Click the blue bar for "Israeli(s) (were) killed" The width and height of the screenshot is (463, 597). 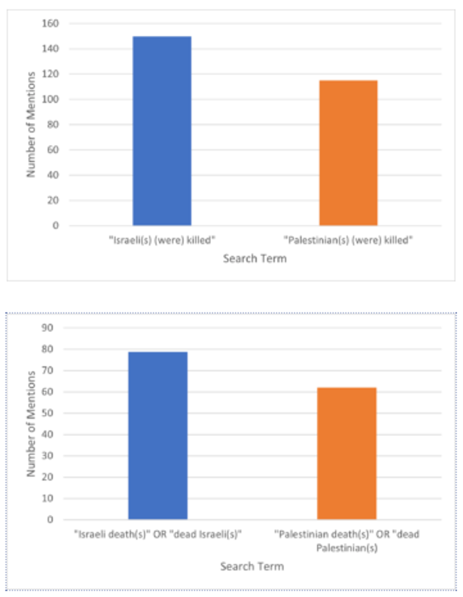click(x=162, y=131)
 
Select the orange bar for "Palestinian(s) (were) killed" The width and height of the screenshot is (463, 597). click(x=348, y=153)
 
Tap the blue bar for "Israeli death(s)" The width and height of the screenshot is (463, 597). click(x=158, y=435)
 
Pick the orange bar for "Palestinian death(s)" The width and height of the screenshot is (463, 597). click(x=347, y=453)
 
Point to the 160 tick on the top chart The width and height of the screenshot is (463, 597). click(x=51, y=24)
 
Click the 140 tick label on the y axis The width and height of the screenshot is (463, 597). click(x=51, y=49)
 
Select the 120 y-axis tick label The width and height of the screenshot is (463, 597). click(x=51, y=74)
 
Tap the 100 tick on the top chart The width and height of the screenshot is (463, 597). click(x=51, y=99)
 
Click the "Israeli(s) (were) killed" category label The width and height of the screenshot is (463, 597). click(x=162, y=240)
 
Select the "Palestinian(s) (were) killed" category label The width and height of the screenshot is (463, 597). click(x=348, y=240)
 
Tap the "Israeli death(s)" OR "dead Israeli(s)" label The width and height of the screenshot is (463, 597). click(x=158, y=535)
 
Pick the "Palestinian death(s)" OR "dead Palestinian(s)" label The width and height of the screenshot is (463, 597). click(x=347, y=541)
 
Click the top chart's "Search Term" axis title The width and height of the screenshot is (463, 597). click(x=255, y=258)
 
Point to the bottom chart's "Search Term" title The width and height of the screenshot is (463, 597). click(x=252, y=566)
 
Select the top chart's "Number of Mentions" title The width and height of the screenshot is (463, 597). click(x=31, y=124)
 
